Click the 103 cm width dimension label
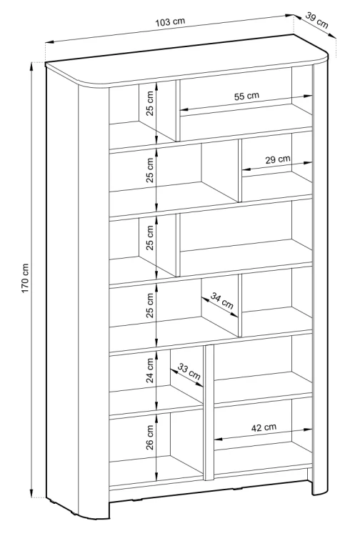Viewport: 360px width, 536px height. point(170,22)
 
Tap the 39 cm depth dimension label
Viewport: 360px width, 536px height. point(316,21)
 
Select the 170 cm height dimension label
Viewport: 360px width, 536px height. point(26,278)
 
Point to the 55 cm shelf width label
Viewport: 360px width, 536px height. point(246,96)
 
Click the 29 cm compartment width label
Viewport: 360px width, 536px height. point(278,159)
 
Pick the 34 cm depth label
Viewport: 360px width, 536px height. point(221,300)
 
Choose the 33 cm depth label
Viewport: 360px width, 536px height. point(189,372)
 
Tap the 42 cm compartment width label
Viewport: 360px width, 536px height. point(264,427)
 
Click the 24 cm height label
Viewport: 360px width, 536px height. point(149,370)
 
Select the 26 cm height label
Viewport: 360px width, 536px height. point(149,437)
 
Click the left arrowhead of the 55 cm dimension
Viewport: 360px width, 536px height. point(184,110)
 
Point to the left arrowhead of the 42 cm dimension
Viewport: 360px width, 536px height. point(218,439)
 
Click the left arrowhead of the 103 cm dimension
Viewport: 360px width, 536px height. point(49,42)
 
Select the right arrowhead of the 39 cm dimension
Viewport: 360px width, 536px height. point(333,36)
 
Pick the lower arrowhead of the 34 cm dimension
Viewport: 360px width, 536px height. point(234,315)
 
